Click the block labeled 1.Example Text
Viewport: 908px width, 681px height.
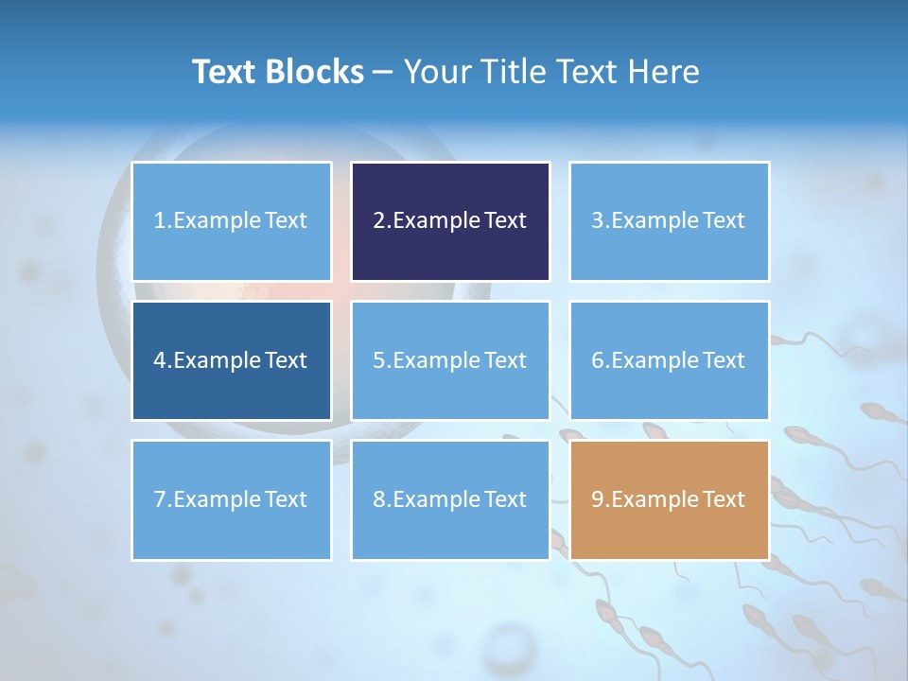232,221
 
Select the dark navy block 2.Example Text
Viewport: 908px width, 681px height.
450,221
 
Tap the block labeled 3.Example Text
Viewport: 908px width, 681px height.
669,221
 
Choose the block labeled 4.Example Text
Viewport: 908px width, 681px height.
232,360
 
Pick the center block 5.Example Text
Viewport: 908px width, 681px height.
450,360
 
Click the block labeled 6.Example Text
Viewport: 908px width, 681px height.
669,360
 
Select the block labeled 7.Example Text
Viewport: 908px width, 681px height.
232,499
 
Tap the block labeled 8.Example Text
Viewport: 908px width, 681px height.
450,499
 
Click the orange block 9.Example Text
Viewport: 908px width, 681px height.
669,499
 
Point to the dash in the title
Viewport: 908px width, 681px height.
383,72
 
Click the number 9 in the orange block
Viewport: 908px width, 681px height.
597,499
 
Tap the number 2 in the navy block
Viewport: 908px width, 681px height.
378,221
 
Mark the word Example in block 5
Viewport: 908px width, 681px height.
435,360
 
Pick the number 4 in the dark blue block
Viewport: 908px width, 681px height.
160,360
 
